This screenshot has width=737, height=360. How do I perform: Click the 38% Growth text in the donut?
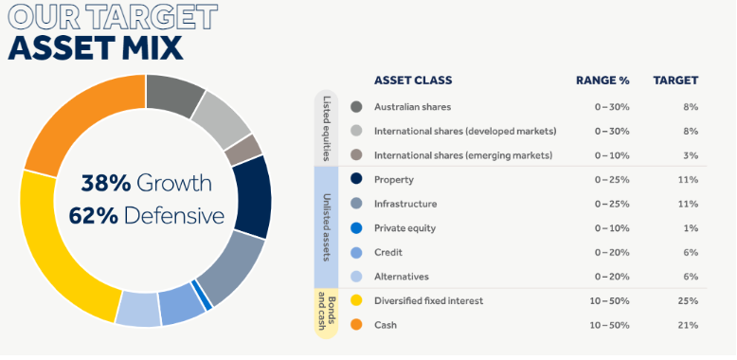point(146,183)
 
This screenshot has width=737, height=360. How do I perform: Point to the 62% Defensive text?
point(146,216)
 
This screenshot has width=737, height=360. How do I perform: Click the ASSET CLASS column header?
point(413,81)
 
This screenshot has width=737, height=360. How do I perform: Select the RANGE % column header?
point(602,81)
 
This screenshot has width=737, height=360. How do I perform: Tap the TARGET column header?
point(675,81)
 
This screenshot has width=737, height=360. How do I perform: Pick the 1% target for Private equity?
point(691,228)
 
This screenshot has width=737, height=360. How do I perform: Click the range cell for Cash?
point(612,326)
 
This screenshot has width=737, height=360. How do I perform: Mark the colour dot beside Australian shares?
point(356,107)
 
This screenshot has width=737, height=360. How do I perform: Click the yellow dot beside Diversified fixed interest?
point(356,301)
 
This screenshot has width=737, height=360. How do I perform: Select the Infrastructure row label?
point(405,204)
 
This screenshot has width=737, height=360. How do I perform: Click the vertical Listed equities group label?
point(327,128)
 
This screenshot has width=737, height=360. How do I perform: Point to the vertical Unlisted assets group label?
point(327,227)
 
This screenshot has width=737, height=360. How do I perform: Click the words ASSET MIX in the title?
point(95,47)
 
